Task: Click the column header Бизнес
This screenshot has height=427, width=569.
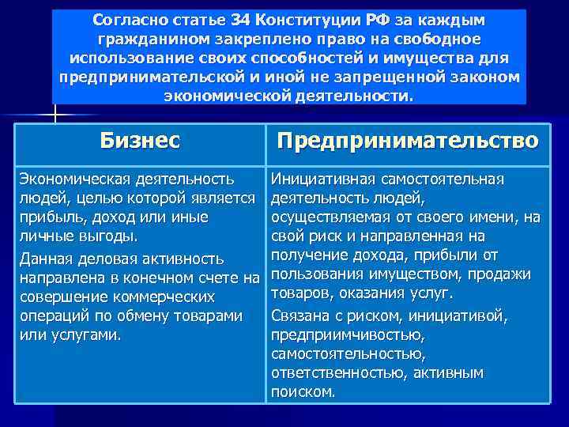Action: click(140, 141)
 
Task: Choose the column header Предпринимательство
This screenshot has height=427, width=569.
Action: click(408, 141)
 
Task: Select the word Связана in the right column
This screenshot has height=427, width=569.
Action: click(300, 316)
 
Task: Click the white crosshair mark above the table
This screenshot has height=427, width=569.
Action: click(55, 115)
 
